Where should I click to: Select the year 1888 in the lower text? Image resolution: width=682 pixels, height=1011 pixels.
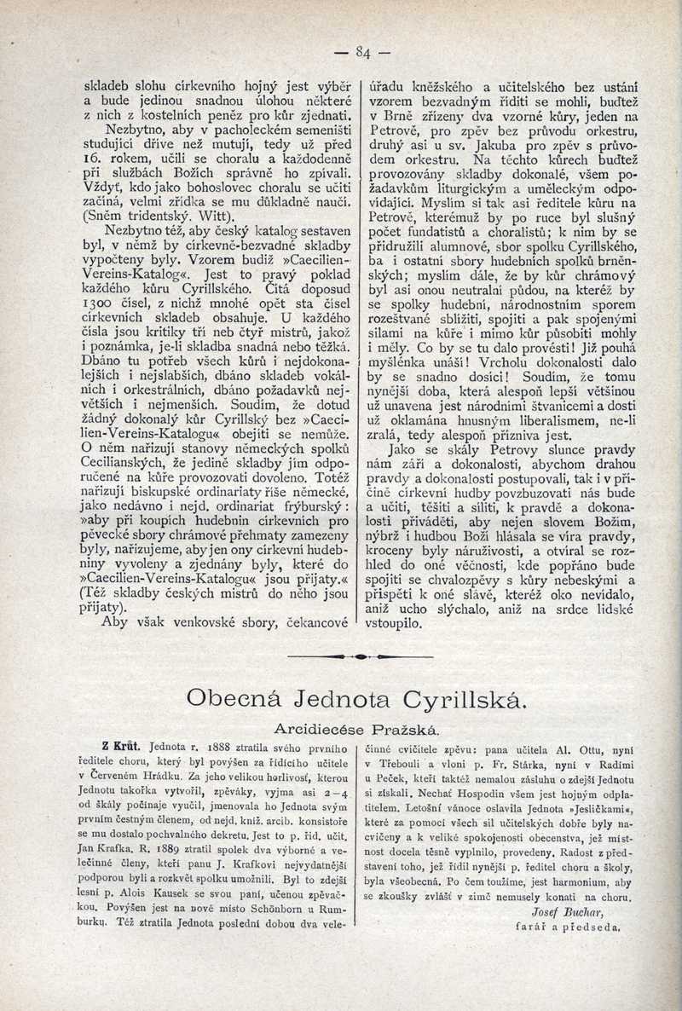tap(206, 747)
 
